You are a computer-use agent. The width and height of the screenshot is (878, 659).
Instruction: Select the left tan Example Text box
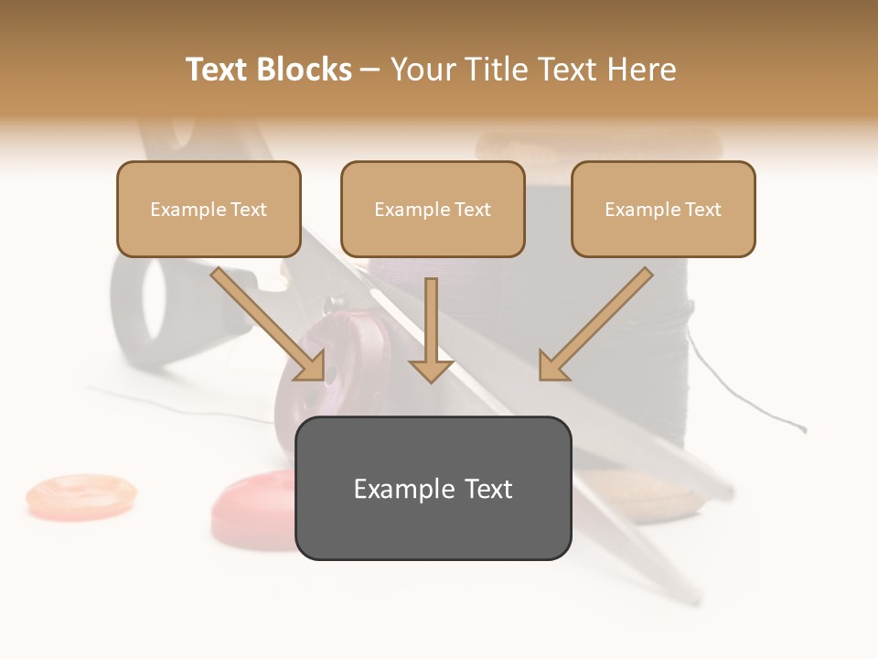[209, 209]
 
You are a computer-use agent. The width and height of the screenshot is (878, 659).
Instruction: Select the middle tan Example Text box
[433, 209]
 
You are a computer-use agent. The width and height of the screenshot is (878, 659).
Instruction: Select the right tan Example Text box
[663, 209]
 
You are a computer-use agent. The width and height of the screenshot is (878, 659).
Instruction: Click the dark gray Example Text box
[433, 488]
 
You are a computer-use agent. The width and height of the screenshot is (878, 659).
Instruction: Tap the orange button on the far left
[80, 494]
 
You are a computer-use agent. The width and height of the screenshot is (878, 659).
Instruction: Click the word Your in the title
[423, 70]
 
